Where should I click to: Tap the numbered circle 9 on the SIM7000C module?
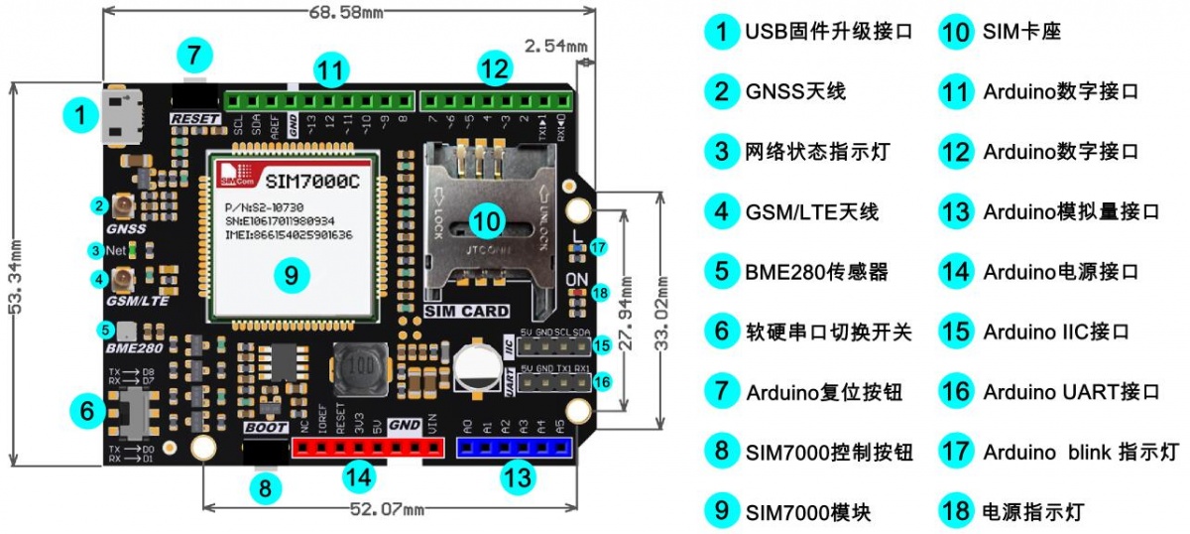click(290, 276)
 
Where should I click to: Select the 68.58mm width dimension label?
click(346, 13)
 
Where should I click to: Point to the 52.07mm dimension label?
click(387, 509)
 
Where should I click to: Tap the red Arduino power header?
click(366, 449)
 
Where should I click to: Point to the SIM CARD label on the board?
click(466, 311)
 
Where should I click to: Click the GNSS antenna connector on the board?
click(125, 205)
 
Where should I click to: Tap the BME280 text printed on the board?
click(133, 348)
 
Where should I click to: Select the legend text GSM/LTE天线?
click(811, 211)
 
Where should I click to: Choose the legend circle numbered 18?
click(956, 512)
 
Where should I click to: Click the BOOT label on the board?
click(265, 429)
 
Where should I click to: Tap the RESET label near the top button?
click(195, 118)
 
